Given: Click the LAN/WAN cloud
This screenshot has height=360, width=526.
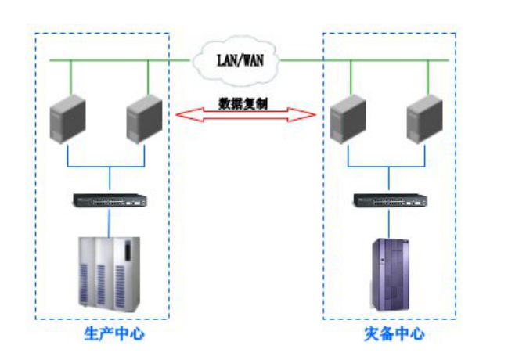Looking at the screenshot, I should [x=238, y=57].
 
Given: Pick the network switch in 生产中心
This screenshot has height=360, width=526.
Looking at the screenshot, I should [x=110, y=200].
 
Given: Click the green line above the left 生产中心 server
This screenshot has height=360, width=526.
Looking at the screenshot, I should [x=70, y=77].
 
